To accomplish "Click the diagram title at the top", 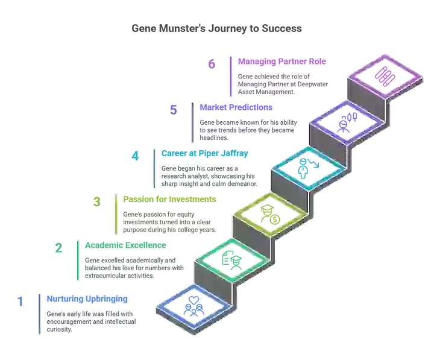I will tap(216, 28).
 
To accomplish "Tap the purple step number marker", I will tap(212, 64).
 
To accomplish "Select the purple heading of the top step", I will tap(281, 61).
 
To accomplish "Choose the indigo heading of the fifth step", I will tap(237, 108).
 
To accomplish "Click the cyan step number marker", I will tap(135, 156).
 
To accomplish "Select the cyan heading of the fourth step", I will tap(204, 153).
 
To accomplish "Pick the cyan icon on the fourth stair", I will tap(306, 166).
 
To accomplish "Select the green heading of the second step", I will tap(125, 246).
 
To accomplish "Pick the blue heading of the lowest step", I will tap(87, 298).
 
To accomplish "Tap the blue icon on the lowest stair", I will tap(192, 306).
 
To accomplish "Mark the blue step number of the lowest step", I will tap(20, 300).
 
